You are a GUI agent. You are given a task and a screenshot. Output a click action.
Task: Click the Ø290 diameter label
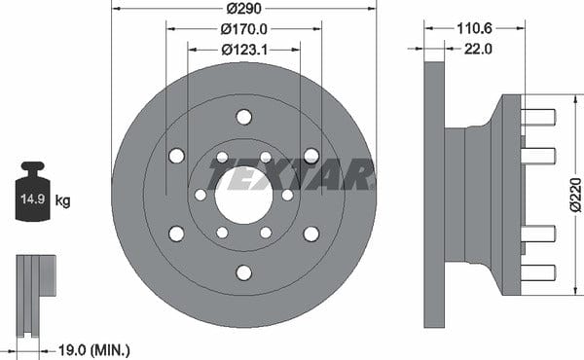pyautogui.click(x=244, y=8)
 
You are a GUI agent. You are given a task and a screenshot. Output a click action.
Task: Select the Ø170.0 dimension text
pyautogui.click(x=244, y=29)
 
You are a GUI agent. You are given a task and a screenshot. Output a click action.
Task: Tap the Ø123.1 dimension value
pyautogui.click(x=244, y=50)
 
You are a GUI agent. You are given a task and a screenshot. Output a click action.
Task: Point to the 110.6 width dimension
pyautogui.click(x=474, y=28)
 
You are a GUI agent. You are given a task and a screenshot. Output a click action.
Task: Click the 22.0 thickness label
pyautogui.click(x=478, y=49)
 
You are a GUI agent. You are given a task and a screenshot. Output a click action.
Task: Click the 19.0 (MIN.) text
pyautogui.click(x=94, y=350)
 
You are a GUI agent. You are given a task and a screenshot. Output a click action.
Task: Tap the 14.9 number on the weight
pyautogui.click(x=32, y=198)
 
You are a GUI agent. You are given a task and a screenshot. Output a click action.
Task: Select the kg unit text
pyautogui.click(x=62, y=201)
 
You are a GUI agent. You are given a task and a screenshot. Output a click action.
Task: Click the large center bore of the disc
pyautogui.click(x=244, y=195)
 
